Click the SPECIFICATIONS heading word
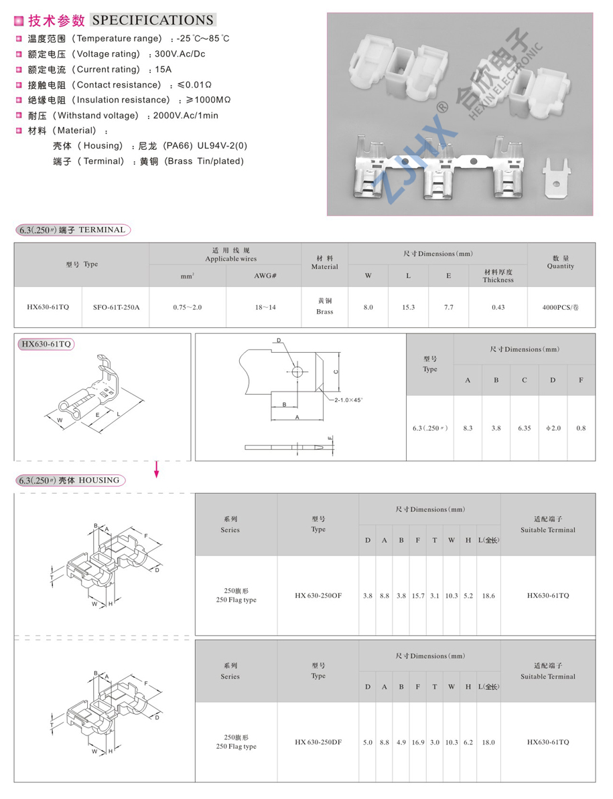point(153,21)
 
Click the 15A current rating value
point(163,70)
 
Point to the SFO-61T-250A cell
point(115,307)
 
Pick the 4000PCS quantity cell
point(561,307)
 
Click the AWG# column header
point(265,276)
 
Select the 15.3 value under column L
point(408,307)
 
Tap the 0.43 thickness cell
point(498,307)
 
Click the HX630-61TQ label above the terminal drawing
point(46,345)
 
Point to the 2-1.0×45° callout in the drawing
point(349,399)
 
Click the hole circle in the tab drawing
point(297,371)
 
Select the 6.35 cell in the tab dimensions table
point(524,428)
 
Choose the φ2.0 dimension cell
point(552,428)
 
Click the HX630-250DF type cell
point(318,742)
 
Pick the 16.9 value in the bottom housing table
point(418,742)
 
